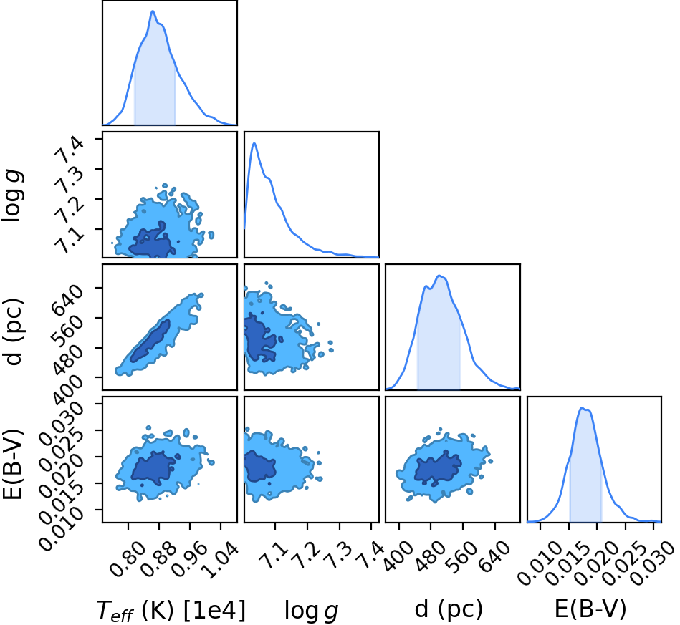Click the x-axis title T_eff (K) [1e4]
pos(171,610)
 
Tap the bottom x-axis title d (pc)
pos(449,609)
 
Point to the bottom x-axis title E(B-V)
pos(590,609)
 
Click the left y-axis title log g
pos(13,196)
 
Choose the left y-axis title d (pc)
pos(13,331)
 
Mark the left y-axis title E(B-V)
pos(12,464)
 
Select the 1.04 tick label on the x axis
pos(220,560)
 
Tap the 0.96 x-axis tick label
pos(189,560)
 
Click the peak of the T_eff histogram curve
pos(153,11)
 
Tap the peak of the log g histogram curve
pos(254,143)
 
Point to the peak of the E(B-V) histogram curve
pos(583,408)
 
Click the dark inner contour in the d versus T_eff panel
pos(150,341)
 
